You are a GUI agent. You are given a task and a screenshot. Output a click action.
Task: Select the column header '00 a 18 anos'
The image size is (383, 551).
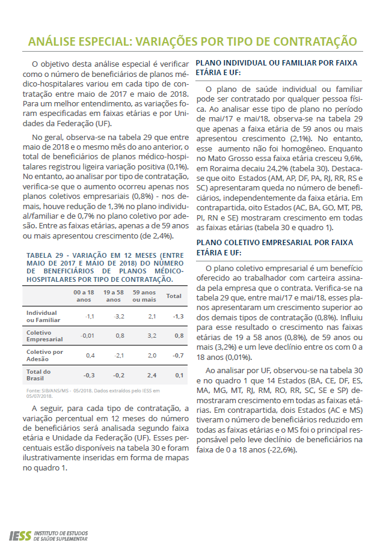coord(84,296)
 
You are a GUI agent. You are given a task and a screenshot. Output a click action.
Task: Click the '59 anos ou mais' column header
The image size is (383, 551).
coord(144,296)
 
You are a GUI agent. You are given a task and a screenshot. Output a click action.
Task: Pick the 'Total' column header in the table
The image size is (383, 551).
coord(174,296)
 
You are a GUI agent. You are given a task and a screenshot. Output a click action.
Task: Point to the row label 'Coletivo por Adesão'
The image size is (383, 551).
coord(44,355)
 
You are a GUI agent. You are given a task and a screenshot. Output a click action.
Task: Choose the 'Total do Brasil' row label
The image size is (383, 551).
coord(38,375)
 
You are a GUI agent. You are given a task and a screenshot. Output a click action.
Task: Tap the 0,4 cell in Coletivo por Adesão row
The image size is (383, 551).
coord(90,355)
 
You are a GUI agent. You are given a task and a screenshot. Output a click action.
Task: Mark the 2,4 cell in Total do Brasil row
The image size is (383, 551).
coord(151,375)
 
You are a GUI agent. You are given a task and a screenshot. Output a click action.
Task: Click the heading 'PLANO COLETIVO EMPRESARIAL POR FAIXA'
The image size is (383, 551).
coord(274,242)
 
